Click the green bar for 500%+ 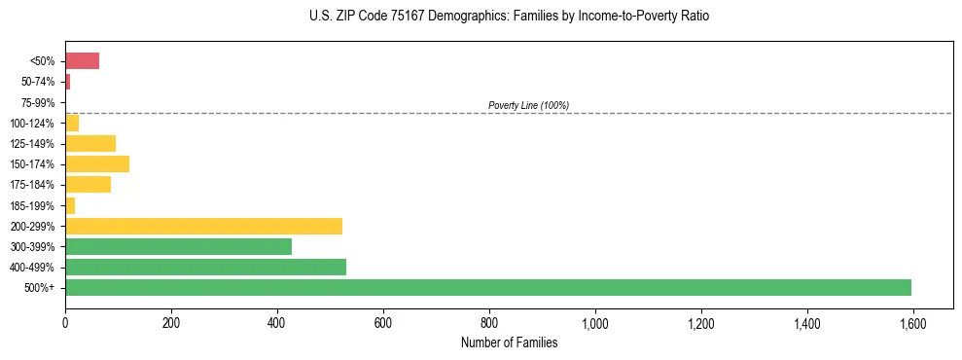[x=487, y=287]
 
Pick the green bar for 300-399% [x=178, y=246]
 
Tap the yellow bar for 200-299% [x=203, y=226]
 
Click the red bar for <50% [x=82, y=61]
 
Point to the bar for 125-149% [x=90, y=143]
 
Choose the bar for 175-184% [x=88, y=184]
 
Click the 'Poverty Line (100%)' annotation [x=528, y=105]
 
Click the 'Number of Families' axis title [x=509, y=342]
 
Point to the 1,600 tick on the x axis [x=912, y=323]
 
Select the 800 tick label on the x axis [x=489, y=323]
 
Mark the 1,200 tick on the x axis [x=700, y=323]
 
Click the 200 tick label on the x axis [x=171, y=323]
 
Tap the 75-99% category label [x=39, y=102]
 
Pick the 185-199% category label [x=34, y=205]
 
